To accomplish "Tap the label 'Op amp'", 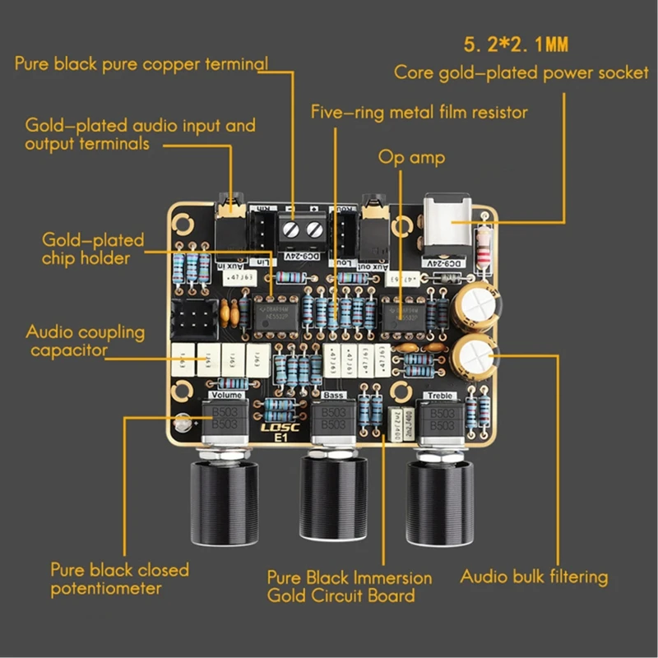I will [x=411, y=156].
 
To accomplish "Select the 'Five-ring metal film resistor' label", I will [x=419, y=110].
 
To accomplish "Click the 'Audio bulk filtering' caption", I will [x=533, y=577].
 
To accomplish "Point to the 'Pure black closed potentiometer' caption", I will [x=119, y=579].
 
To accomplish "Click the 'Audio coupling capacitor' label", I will [x=85, y=341].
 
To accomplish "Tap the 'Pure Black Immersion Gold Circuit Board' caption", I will [x=350, y=586].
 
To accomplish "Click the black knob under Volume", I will [x=220, y=501].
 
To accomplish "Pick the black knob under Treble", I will [x=442, y=502].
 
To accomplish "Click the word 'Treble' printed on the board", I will [x=438, y=396].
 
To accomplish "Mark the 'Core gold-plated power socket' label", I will [x=521, y=72].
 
